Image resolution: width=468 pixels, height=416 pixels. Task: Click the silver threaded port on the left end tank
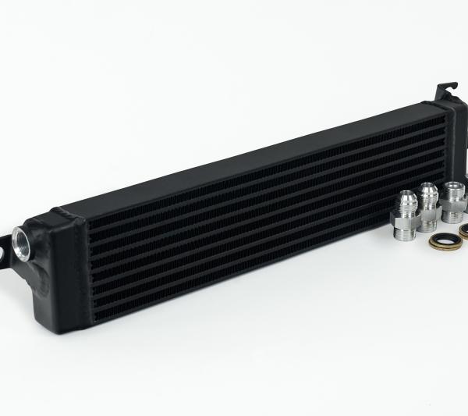point(20,236)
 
